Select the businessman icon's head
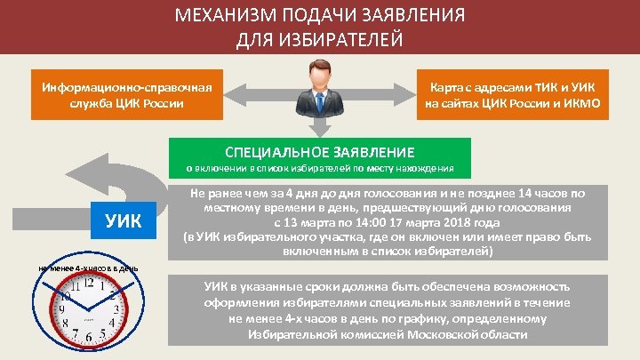point(319,72)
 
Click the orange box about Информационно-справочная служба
point(125,95)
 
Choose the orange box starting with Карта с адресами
point(513,95)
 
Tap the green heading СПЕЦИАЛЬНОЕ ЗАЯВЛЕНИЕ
point(319,152)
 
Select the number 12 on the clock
point(90,284)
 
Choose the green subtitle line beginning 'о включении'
point(319,168)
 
